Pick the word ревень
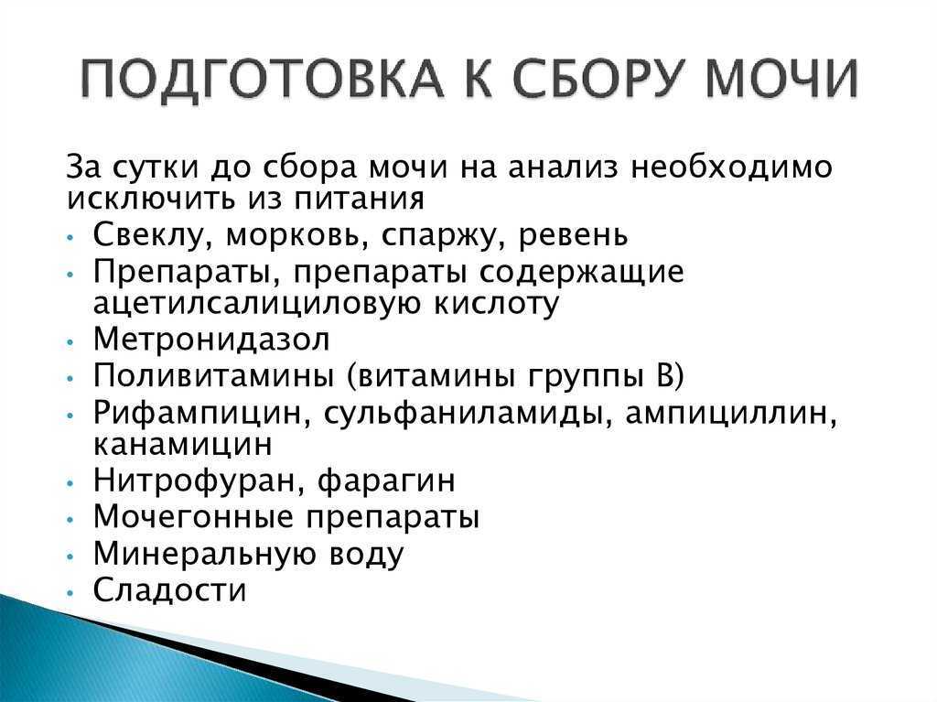click(573, 235)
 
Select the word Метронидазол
click(211, 339)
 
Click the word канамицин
click(183, 444)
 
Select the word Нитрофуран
click(199, 481)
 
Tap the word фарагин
click(386, 481)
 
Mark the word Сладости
click(169, 590)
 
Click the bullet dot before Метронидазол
click(71, 341)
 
